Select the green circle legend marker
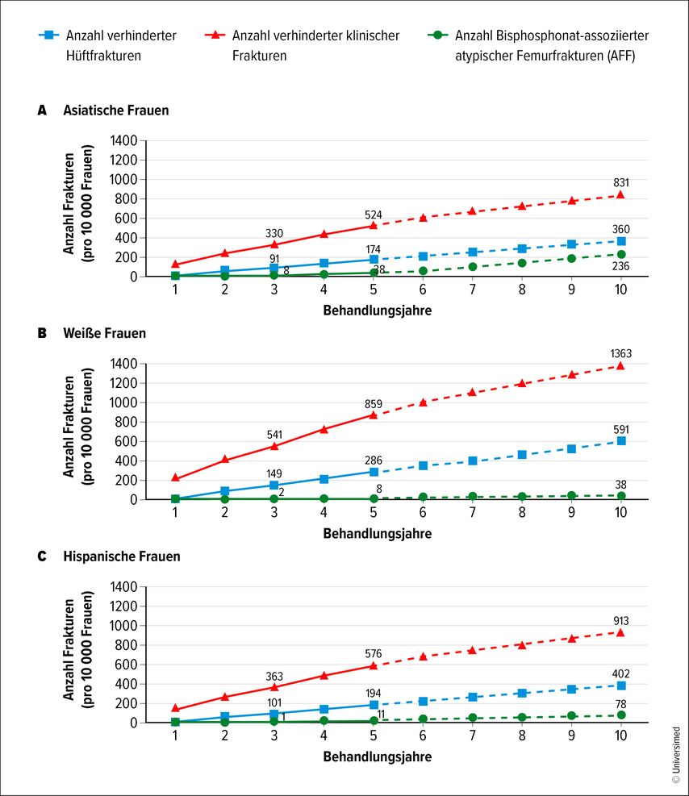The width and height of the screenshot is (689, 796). coord(436,36)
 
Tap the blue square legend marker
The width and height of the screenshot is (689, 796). coord(50,36)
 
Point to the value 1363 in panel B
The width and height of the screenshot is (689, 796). coord(621,352)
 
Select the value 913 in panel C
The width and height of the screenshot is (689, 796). coord(621,621)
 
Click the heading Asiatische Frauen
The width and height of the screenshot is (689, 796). coord(116,110)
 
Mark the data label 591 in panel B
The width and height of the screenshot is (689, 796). coord(621,429)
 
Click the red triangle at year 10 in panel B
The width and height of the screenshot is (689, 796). coord(621,365)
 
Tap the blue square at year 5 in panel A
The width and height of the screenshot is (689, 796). coord(374,259)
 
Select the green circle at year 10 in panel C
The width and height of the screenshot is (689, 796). coord(621,715)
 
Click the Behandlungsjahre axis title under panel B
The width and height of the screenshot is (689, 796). coord(378,534)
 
